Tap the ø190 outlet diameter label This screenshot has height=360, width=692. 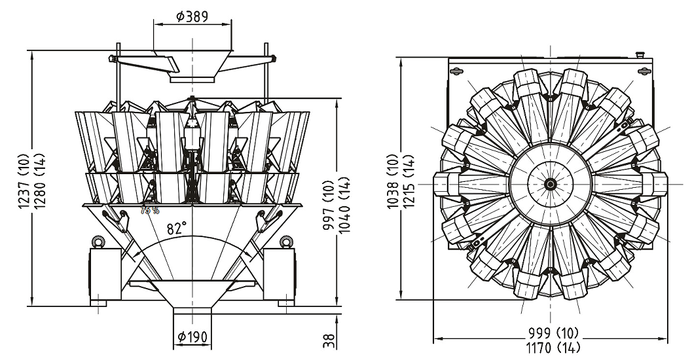click(x=192, y=338)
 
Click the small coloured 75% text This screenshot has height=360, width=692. click(x=150, y=210)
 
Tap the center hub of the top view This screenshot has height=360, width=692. click(x=550, y=184)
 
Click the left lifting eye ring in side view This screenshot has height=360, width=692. click(x=98, y=242)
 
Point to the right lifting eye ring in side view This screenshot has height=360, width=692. click(x=285, y=242)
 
